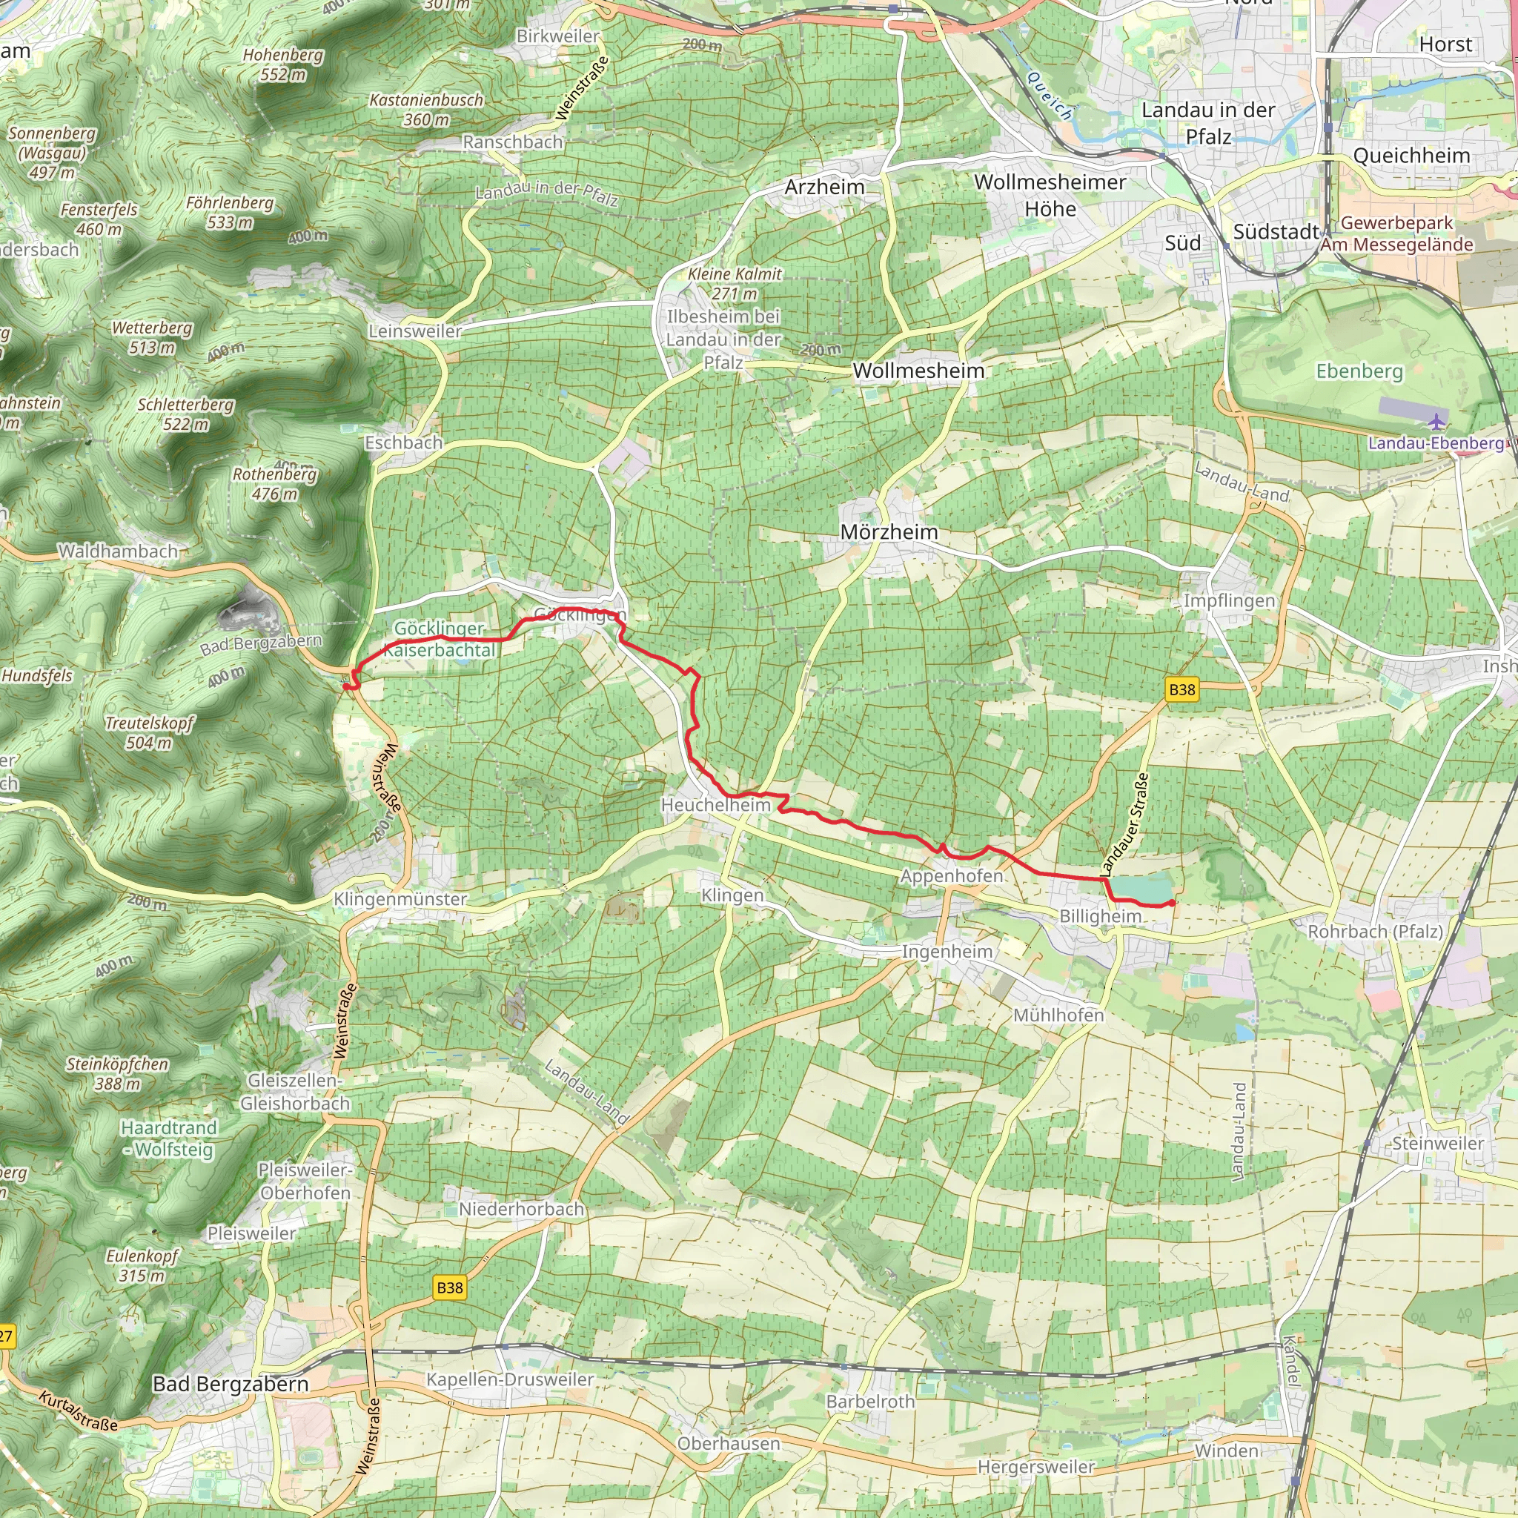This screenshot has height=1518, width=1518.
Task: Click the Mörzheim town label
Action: (x=889, y=532)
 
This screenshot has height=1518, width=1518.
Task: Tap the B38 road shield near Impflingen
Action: (x=1181, y=690)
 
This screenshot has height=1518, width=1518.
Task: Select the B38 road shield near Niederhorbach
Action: (x=449, y=1287)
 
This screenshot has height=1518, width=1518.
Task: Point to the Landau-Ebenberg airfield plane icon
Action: (x=1437, y=422)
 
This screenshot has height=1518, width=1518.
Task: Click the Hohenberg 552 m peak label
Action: (x=283, y=64)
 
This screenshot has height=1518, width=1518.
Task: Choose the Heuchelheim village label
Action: (x=716, y=804)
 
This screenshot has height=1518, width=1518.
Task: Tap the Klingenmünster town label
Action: (x=401, y=899)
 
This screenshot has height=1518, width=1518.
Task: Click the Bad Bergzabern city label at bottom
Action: (x=231, y=1384)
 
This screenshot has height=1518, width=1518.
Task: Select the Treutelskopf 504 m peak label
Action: (x=149, y=732)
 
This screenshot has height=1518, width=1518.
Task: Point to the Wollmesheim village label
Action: (x=918, y=371)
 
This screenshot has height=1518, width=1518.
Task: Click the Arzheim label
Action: (x=824, y=187)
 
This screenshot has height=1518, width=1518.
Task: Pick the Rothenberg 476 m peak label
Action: (x=275, y=484)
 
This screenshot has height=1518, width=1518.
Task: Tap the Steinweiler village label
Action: (x=1438, y=1143)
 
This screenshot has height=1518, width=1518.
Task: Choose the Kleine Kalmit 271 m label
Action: (x=735, y=284)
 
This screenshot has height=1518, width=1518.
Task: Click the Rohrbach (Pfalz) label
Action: (x=1375, y=932)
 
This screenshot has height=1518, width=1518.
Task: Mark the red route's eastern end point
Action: (x=1173, y=904)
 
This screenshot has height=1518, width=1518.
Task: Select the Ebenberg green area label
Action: (x=1359, y=371)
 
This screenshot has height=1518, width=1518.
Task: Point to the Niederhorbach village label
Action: (x=522, y=1208)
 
